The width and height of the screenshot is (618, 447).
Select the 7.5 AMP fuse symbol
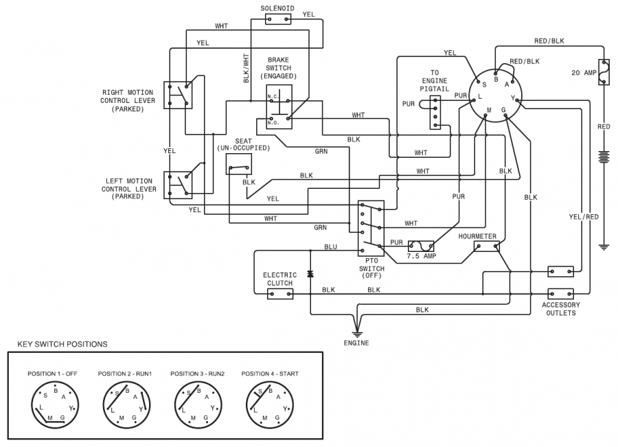pos(422,245)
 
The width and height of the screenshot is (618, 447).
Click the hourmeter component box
pos(486,247)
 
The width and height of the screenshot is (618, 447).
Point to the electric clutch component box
pos(279,293)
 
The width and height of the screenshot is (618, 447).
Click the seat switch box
pos(238,164)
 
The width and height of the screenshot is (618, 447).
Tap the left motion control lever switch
pos(178,184)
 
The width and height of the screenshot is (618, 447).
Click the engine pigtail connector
pos(434,112)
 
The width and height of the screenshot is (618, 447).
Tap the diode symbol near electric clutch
pos(310,274)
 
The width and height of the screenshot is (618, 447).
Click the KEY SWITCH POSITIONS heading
pos(62,343)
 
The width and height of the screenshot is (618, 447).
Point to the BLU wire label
pos(330,247)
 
